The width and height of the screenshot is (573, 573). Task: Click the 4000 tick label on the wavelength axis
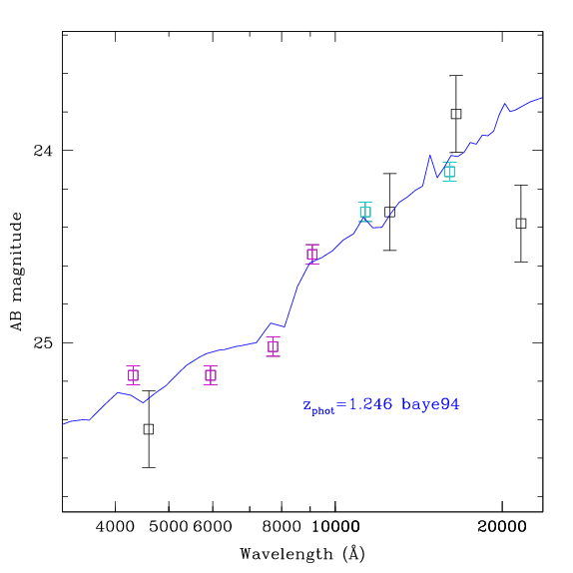click(x=115, y=527)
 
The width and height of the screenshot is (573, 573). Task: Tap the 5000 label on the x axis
click(x=168, y=527)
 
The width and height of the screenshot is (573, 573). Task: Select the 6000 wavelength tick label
click(x=213, y=527)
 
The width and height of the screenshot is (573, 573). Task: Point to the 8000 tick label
click(x=282, y=527)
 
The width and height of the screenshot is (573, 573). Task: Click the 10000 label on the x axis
click(x=335, y=527)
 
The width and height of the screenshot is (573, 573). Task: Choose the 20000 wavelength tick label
click(x=502, y=527)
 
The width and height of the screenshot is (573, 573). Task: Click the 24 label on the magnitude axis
click(x=43, y=150)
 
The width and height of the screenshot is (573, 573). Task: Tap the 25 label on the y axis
click(x=43, y=342)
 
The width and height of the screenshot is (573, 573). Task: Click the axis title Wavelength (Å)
click(x=302, y=554)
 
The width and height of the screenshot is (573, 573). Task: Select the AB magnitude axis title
click(x=16, y=272)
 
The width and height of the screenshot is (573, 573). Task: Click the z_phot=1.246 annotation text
click(x=347, y=405)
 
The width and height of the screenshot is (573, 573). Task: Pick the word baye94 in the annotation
click(x=430, y=404)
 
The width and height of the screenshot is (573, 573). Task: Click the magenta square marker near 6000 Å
click(x=211, y=375)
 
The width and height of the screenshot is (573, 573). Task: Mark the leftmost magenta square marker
click(x=134, y=375)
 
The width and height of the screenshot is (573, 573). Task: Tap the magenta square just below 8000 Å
click(x=273, y=346)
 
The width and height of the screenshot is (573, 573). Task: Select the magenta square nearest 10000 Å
click(x=312, y=254)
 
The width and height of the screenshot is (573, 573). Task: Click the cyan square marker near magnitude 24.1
click(x=449, y=171)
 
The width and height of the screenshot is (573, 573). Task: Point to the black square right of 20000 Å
click(x=521, y=223)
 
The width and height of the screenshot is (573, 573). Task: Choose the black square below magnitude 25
click(x=149, y=428)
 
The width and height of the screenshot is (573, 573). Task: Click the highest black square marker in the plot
click(x=455, y=114)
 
